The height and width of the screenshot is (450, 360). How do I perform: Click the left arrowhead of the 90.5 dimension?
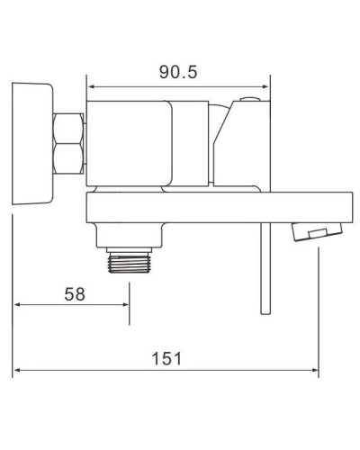click(91, 88)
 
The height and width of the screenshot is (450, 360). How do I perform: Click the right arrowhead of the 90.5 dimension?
click(267, 88)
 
